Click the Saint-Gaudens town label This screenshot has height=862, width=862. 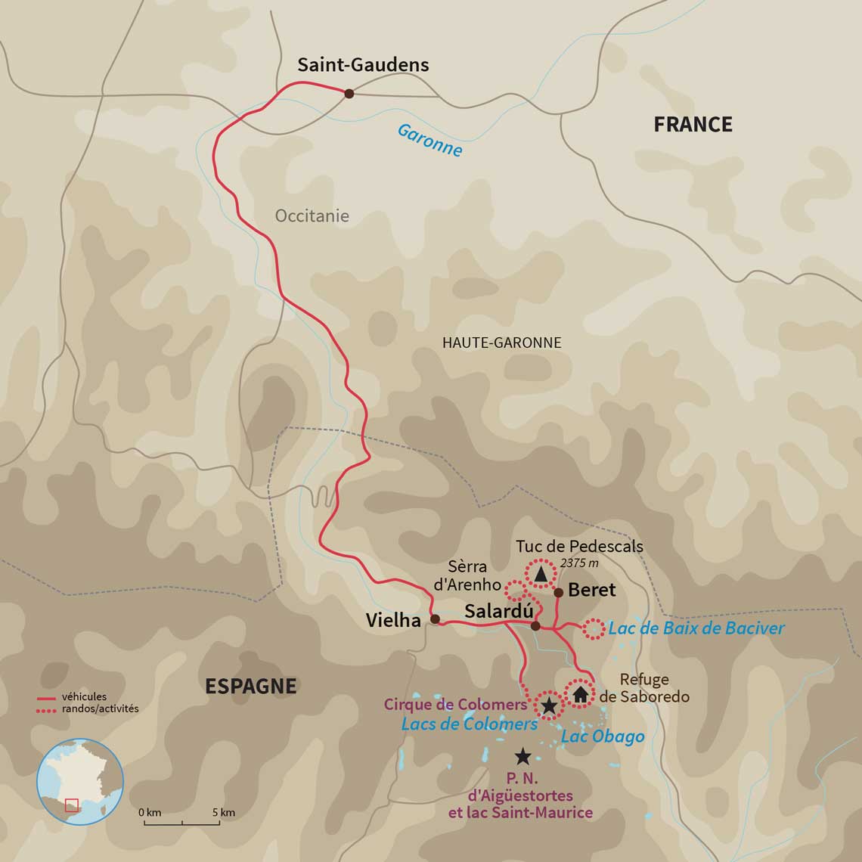[363, 65]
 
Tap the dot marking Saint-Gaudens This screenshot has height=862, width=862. [349, 94]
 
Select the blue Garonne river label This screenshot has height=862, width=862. [429, 141]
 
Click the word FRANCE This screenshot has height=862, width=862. [693, 125]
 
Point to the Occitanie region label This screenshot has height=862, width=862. [312, 216]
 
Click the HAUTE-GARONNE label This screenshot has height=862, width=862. [501, 343]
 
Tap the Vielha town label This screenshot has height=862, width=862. [392, 621]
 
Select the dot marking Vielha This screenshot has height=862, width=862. [435, 619]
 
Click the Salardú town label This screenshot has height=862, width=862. [498, 612]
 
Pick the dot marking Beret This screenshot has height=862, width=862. [558, 592]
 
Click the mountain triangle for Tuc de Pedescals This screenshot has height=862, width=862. [540, 575]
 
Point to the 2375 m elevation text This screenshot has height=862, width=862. [579, 563]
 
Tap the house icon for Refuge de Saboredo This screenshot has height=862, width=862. [580, 693]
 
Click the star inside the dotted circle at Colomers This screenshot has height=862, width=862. [549, 706]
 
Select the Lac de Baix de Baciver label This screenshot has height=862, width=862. [696, 628]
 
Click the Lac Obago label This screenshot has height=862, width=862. [603, 736]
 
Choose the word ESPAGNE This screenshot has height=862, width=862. [251, 686]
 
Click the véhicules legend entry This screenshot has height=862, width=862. [83, 697]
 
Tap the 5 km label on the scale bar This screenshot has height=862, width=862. [223, 813]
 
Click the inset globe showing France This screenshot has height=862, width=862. [80, 781]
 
